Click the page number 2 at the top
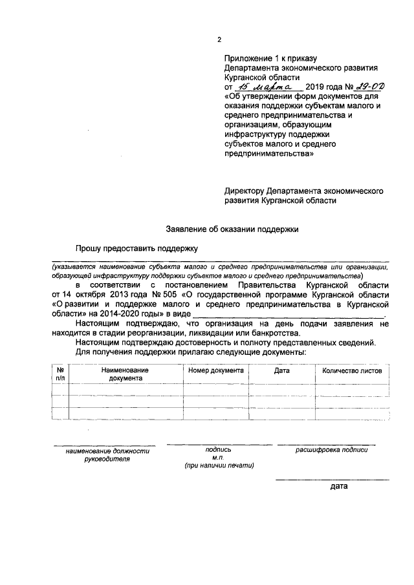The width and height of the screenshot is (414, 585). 219,40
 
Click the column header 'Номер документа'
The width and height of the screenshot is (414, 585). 216,371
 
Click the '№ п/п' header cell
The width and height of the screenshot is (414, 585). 60,375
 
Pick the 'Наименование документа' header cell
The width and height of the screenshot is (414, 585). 125,375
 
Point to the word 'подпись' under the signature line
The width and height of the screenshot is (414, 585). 217,449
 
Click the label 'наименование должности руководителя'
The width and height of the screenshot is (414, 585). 107,455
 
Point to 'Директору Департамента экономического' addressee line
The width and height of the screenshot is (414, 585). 304,191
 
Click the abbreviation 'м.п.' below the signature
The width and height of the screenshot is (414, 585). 217,457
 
